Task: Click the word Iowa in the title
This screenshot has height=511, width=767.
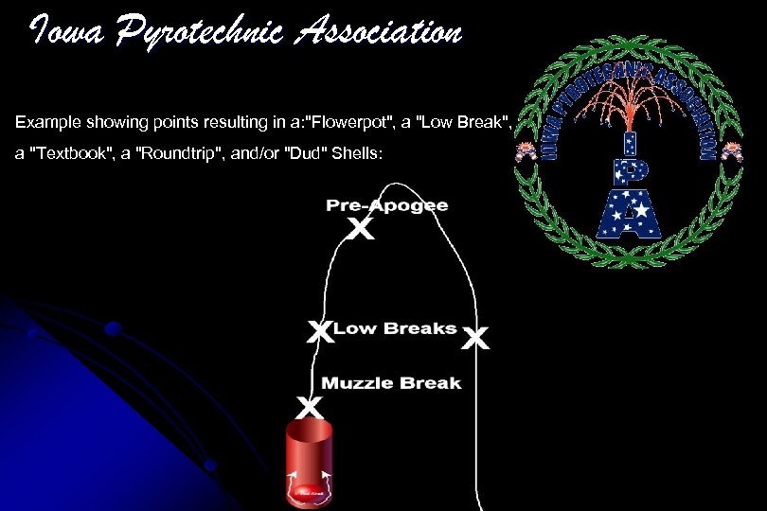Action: (63, 33)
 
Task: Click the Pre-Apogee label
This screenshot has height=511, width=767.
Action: (386, 205)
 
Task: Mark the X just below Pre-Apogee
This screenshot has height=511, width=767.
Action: (361, 229)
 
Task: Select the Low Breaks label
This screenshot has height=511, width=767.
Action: (395, 328)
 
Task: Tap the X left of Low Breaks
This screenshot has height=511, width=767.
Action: (320, 331)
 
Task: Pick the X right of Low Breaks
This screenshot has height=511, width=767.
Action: (476, 338)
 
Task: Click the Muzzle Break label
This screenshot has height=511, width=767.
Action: (391, 383)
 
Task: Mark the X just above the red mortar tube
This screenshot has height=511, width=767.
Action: (309, 408)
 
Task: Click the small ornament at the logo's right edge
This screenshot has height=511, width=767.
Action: (731, 151)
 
